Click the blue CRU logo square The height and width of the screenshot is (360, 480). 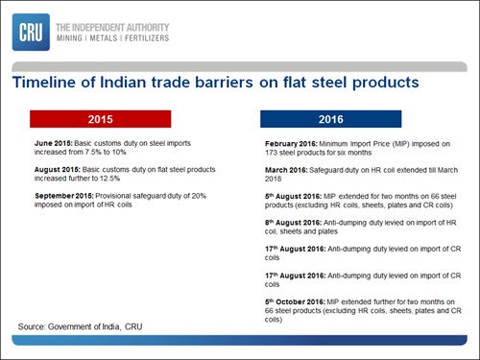click(31, 32)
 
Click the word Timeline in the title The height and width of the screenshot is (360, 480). click(44, 83)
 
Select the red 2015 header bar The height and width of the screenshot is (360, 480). click(101, 119)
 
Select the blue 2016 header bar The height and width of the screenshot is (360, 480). click(331, 119)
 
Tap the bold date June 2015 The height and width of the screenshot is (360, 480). click(54, 143)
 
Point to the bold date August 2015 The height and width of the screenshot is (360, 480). click(58, 169)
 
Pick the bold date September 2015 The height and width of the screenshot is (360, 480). click(64, 196)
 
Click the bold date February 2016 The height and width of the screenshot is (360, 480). click(291, 144)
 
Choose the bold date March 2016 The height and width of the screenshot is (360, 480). click(286, 170)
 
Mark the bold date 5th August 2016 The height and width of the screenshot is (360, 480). click(293, 196)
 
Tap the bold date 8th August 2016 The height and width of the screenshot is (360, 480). click(293, 223)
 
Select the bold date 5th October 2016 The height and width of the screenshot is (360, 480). click(295, 301)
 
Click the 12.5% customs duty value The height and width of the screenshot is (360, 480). click(109, 179)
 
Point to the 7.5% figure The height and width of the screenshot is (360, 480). click(93, 152)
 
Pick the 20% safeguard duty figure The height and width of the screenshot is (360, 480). click(199, 196)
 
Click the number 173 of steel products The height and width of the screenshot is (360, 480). click(271, 153)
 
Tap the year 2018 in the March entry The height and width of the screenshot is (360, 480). click(273, 179)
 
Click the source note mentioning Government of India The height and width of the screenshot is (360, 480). click(80, 326)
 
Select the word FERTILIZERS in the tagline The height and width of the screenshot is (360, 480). click(147, 38)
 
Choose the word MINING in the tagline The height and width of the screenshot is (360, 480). click(69, 38)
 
